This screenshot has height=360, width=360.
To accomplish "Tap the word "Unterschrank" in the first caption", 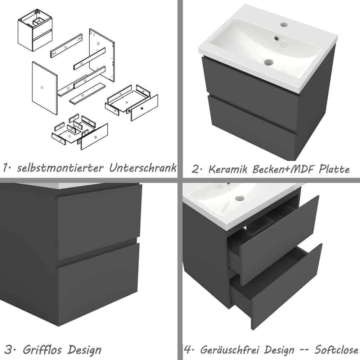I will coord(143,167).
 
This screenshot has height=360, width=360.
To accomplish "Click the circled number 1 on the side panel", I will coord(42,87).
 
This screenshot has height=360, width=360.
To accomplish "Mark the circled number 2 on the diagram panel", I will coord(98,43).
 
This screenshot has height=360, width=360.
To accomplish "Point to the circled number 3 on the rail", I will coord(66,47).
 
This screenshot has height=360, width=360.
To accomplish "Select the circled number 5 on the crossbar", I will coord(82,64).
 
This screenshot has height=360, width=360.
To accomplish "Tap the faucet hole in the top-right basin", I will coord(284,25).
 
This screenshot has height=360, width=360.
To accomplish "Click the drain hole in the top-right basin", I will coord(269,62).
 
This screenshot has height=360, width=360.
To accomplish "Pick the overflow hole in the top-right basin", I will coord(276,37).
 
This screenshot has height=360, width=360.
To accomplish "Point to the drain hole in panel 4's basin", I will coord(240,198).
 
